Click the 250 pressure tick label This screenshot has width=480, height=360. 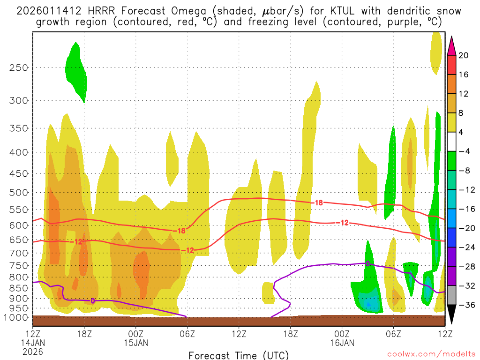point(18,67)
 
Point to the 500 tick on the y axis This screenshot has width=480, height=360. point(18,193)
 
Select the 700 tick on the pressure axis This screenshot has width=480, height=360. point(18,253)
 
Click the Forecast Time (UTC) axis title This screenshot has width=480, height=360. point(239,355)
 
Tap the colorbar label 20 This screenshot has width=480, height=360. point(464,55)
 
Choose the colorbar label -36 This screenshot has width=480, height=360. point(465,305)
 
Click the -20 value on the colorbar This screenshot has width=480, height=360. point(465,228)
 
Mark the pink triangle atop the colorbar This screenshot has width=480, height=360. point(452,46)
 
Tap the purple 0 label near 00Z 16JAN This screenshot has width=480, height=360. point(368,263)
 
